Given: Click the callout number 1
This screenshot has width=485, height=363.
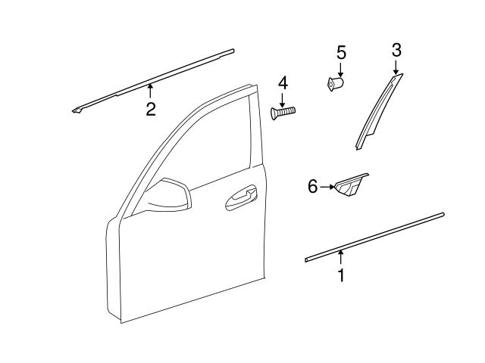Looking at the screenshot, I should point(341,276).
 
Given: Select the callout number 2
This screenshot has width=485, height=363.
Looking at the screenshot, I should point(151,110).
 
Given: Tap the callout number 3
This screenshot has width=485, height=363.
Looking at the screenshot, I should point(396,51).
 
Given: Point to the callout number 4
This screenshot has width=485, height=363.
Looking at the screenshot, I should point(283,82).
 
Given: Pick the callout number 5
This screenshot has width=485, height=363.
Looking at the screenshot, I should point(341,53).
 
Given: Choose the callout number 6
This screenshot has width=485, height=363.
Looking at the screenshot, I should point(312,186).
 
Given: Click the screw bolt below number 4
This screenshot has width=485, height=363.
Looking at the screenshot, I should point(283,113).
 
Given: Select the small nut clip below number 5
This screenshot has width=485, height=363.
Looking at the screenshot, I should point(336,83).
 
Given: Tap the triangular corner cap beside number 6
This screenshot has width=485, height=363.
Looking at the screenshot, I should point(351,185).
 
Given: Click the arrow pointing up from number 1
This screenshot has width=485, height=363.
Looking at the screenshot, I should point(341,258).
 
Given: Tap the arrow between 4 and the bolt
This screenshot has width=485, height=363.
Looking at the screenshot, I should point(283,98).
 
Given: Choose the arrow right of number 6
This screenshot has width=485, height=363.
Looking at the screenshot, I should point(327,186).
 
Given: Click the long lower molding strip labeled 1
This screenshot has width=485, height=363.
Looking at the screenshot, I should point(375,237).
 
